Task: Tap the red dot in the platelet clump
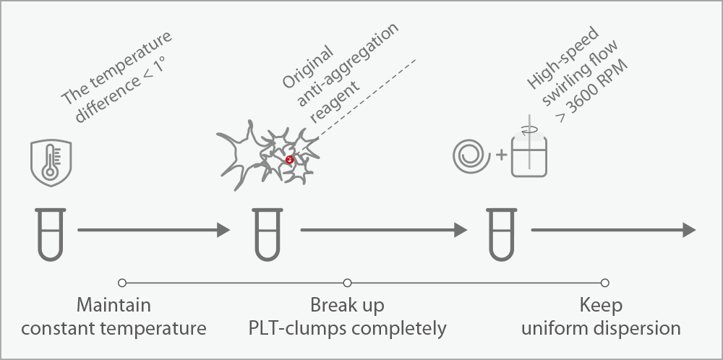(x=289, y=160)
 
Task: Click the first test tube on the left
(x=50, y=233)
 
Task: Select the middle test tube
(x=266, y=233)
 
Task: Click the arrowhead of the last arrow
(x=689, y=231)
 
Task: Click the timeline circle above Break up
(x=347, y=282)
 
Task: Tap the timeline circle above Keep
(x=605, y=282)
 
